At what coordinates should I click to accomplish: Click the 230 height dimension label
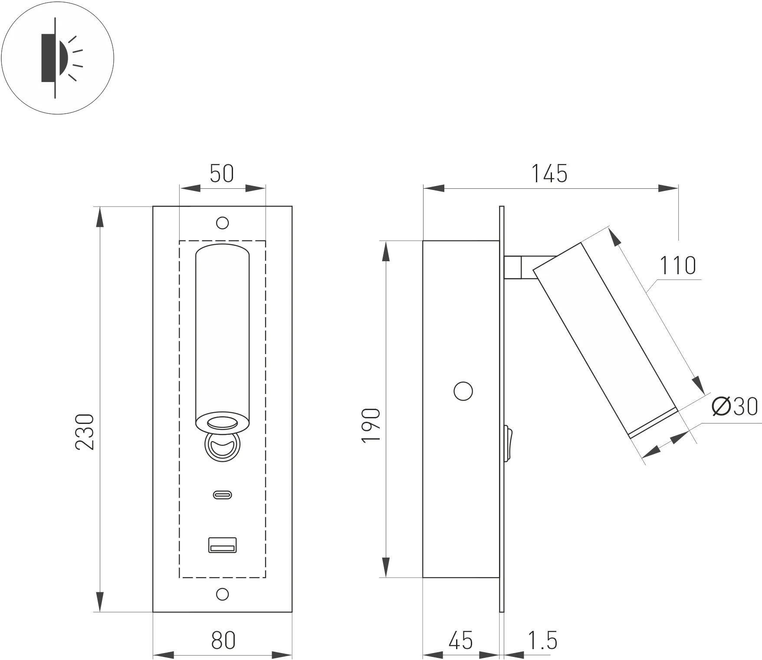(x=85, y=432)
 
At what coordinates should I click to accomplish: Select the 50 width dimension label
(x=222, y=173)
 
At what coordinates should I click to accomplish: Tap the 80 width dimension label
(x=223, y=640)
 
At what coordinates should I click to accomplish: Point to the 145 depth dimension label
(x=549, y=174)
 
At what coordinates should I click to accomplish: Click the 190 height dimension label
(x=371, y=425)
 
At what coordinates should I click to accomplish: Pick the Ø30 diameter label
(x=735, y=407)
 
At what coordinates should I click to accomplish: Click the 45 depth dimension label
(x=461, y=640)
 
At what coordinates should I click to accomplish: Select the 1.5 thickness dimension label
(x=542, y=640)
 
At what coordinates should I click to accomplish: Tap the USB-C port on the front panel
(x=223, y=494)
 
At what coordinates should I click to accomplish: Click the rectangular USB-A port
(x=223, y=545)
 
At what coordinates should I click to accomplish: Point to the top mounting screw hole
(x=223, y=223)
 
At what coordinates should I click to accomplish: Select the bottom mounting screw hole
(x=223, y=594)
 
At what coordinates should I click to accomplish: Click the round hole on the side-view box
(x=463, y=391)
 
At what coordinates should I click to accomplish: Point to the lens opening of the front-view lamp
(x=223, y=423)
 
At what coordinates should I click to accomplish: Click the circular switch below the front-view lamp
(x=223, y=445)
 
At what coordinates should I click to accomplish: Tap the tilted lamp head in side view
(x=605, y=338)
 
